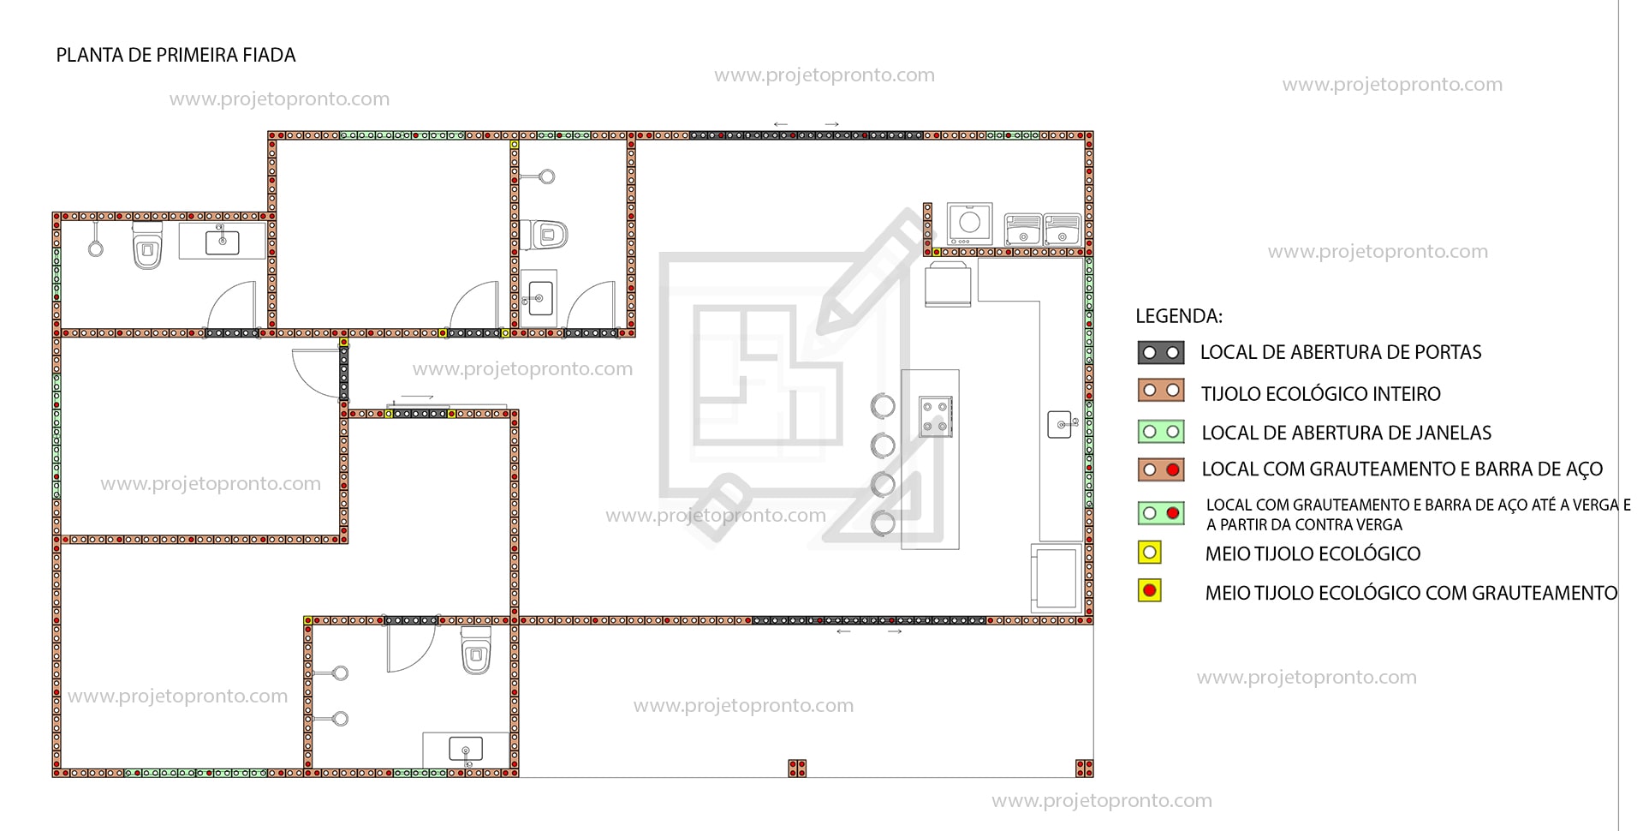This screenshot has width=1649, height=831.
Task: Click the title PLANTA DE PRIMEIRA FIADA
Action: point(176,56)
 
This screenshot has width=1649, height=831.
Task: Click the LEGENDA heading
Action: point(1178,316)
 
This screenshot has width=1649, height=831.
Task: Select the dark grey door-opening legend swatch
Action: point(1161,352)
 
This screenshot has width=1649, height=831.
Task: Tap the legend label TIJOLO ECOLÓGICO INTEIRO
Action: point(1320,394)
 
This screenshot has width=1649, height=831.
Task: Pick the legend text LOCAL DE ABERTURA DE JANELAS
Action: point(1346,433)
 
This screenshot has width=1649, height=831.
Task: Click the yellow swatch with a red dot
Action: point(1150,590)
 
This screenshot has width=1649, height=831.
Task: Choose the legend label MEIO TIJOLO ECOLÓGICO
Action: point(1313,554)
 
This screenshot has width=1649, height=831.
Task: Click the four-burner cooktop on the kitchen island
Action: point(935,416)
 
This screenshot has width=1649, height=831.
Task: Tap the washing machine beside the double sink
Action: point(969,224)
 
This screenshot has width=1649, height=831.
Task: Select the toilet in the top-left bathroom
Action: point(147,245)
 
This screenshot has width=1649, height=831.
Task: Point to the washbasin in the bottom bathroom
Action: point(465,750)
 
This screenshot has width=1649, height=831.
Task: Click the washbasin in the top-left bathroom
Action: point(223,242)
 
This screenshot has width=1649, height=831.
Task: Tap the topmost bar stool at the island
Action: point(883,405)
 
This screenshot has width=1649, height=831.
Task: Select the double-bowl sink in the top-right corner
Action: point(1042,230)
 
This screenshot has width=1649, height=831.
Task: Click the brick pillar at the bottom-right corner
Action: point(1085,768)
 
